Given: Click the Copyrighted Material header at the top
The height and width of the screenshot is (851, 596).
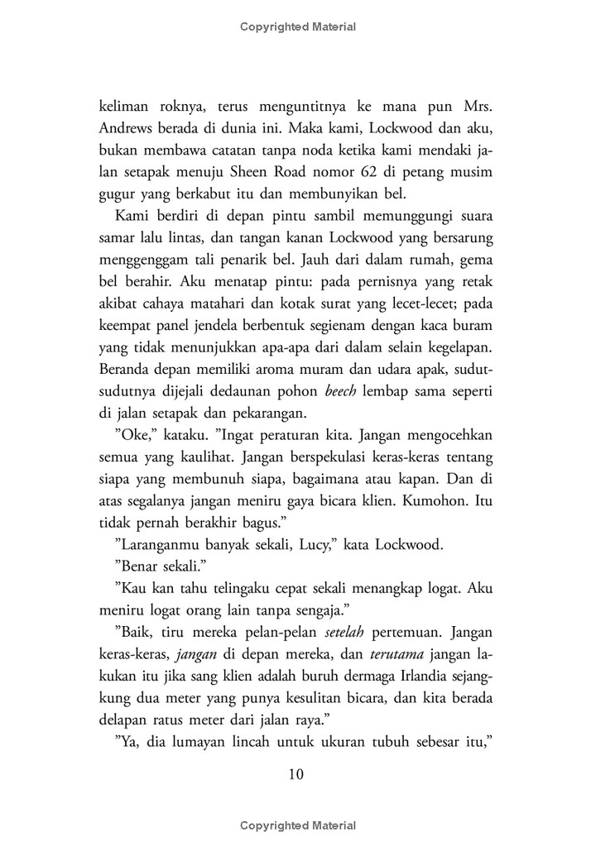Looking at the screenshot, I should (298, 26).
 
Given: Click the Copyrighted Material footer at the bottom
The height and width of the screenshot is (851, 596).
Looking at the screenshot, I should (298, 825).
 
